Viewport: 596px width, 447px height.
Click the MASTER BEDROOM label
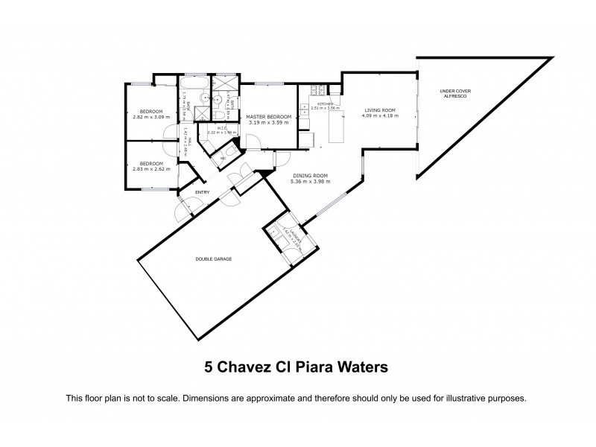click(268, 117)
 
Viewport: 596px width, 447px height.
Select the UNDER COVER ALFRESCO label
click(451, 95)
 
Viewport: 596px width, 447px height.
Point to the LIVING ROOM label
click(379, 110)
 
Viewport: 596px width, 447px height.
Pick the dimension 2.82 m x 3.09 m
click(151, 117)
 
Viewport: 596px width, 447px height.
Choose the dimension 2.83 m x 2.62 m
click(151, 169)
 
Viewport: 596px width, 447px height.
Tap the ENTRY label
click(202, 193)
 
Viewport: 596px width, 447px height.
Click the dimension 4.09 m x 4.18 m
click(379, 116)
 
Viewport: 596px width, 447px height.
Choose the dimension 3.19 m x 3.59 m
click(268, 123)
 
